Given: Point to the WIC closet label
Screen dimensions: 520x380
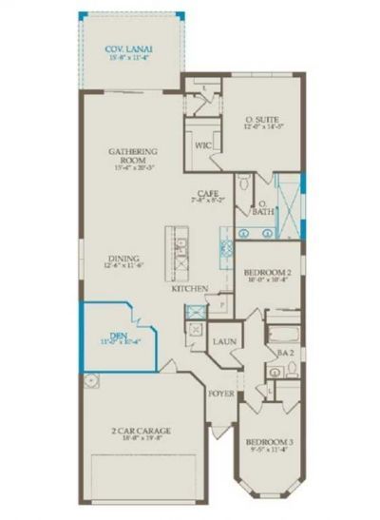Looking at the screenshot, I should point(202,145).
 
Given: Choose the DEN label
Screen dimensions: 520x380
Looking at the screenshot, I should point(115,335).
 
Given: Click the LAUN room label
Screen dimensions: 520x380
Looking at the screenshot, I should point(225,340).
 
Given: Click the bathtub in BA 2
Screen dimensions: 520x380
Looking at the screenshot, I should point(281,334).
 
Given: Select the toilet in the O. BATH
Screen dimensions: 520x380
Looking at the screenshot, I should point(245,181).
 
